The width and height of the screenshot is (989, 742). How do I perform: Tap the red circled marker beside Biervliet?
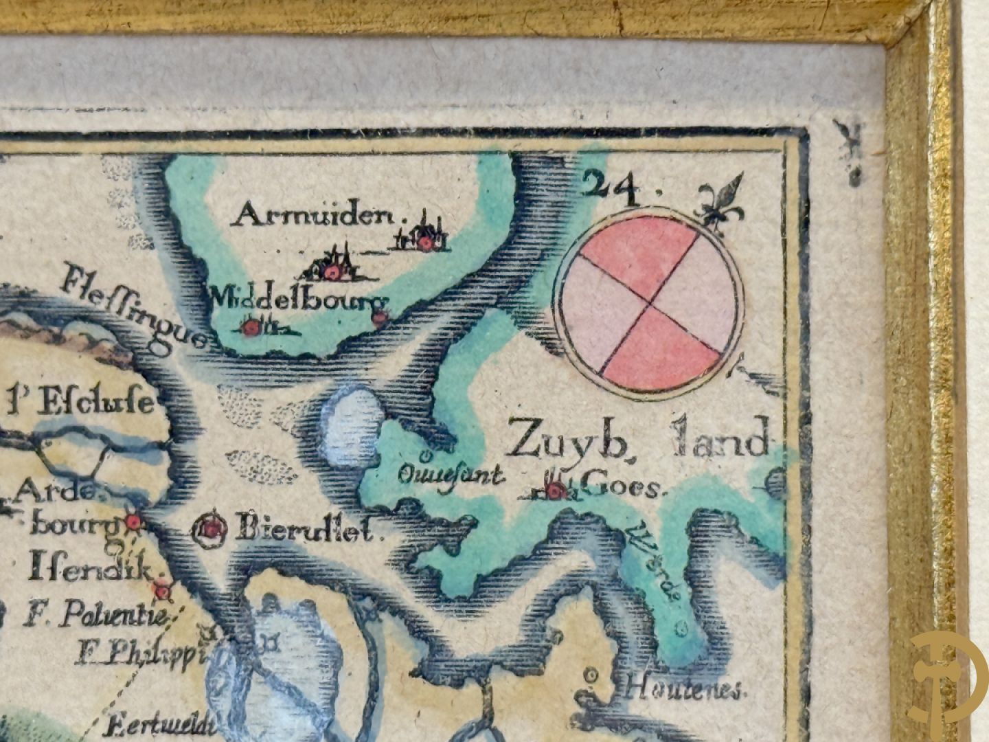212,528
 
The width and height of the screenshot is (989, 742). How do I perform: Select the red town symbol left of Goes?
555,490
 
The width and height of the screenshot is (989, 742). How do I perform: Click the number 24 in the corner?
613,188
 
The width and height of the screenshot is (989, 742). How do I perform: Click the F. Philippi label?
140,651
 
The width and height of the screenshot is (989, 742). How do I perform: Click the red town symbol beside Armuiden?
427,242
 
